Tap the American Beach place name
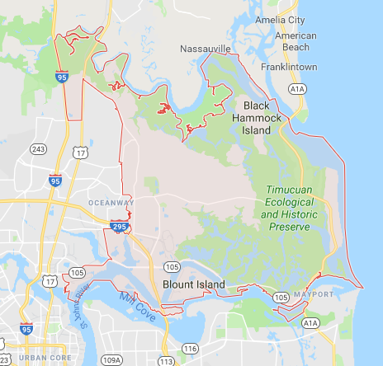(x=296, y=41)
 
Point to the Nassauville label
(x=206, y=49)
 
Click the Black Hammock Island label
(x=262, y=118)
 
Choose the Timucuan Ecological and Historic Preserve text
(x=295, y=202)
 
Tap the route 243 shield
(x=37, y=148)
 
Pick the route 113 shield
(x=168, y=360)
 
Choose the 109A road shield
(x=111, y=360)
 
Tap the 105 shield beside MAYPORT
(x=281, y=296)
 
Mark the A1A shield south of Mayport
(x=311, y=323)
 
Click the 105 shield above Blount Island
(x=172, y=267)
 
